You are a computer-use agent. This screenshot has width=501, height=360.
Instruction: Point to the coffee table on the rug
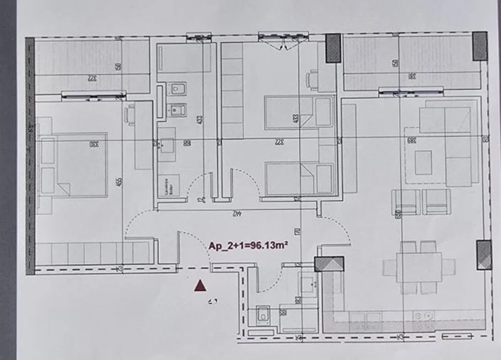coord(423,162)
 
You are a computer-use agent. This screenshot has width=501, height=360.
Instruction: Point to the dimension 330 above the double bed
coord(93,145)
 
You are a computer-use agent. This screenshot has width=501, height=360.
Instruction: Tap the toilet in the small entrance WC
coord(264,314)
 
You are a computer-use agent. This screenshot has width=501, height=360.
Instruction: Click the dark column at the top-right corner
coord(480,46)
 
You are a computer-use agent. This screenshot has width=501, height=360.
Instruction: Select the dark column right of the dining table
coord(483,254)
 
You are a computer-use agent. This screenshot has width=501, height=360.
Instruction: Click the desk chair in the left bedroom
coord(129,114)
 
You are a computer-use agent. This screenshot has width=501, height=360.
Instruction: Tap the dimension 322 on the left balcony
coord(91,78)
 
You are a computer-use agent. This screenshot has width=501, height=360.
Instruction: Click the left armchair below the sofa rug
coord(405,201)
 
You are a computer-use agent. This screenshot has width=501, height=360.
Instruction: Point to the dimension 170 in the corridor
coord(298,233)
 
